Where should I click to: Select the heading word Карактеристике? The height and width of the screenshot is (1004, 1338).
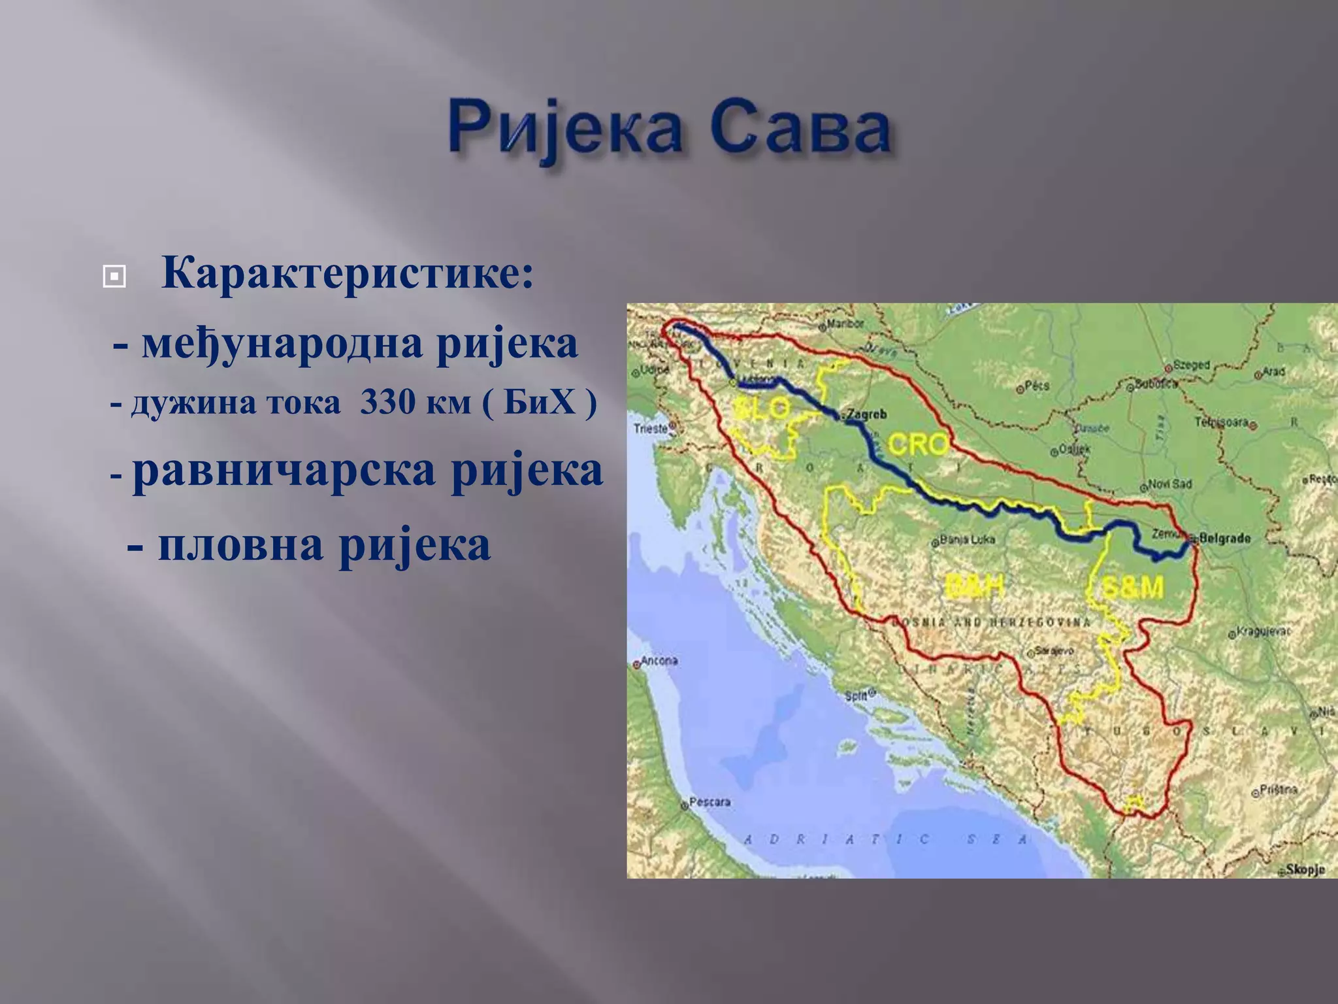click(347, 273)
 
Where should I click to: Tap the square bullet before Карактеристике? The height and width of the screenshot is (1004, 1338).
click(114, 277)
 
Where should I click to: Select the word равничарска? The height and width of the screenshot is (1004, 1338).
click(284, 471)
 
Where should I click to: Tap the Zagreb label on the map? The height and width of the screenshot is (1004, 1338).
click(866, 414)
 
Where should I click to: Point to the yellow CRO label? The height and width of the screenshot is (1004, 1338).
click(918, 444)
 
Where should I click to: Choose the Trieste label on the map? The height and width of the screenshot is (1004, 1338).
click(651, 429)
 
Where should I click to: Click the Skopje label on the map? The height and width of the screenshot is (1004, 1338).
click(1305, 869)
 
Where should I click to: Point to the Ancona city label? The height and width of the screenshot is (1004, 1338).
click(659, 661)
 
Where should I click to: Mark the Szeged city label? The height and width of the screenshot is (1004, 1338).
click(1191, 365)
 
